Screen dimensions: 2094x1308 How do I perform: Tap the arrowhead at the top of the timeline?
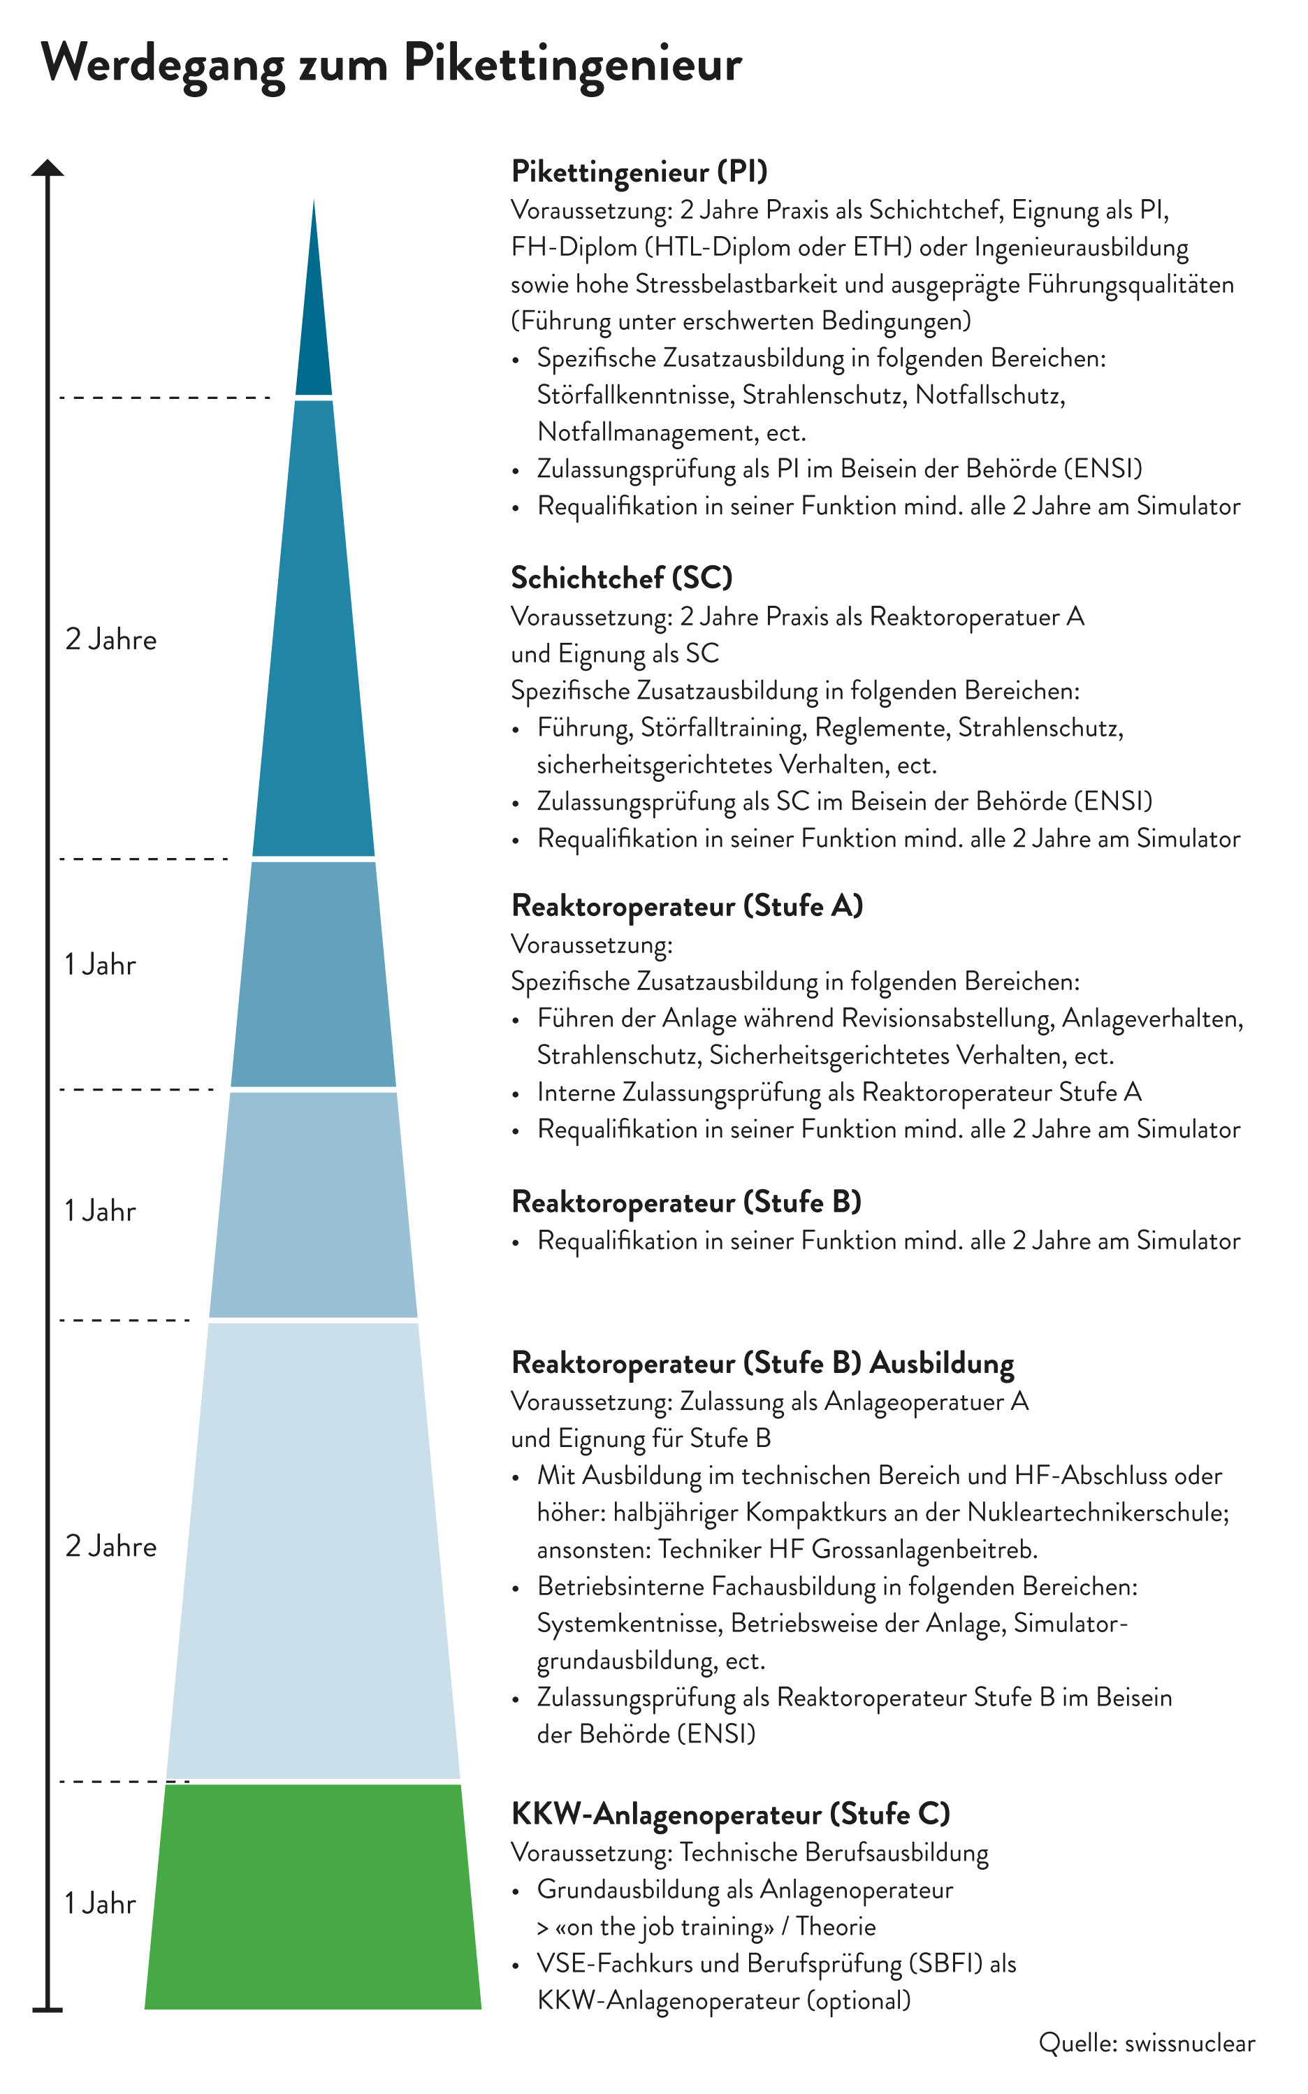pos(48,168)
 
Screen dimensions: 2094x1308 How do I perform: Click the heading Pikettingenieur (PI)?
pos(639,171)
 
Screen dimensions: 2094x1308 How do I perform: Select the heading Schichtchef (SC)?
pos(621,577)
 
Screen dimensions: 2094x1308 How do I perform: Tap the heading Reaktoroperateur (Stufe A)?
pos(687,906)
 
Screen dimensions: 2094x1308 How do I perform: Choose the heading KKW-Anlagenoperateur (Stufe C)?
pos(730,1813)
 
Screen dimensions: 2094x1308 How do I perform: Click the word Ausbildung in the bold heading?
pos(941,1362)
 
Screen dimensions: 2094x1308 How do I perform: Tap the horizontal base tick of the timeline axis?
pos(48,2010)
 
